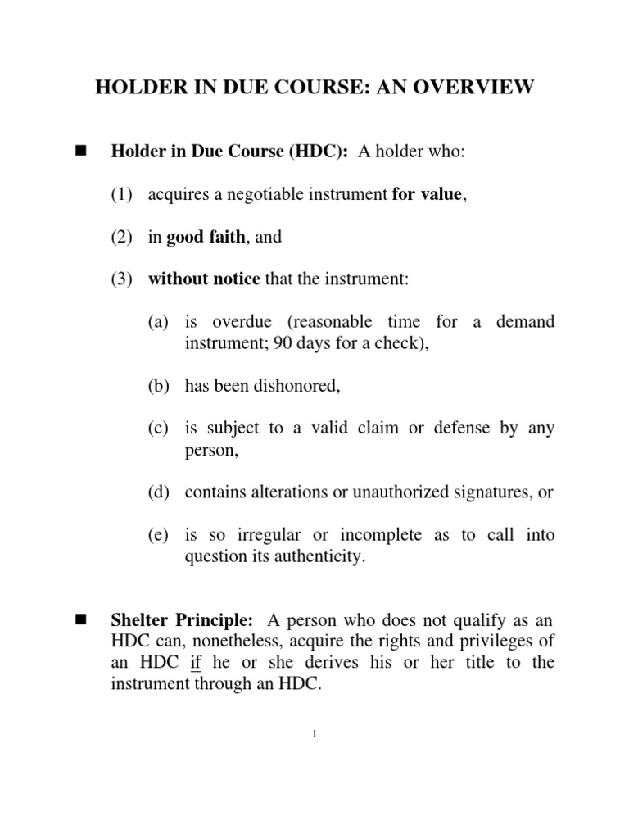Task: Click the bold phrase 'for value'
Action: [x=427, y=195]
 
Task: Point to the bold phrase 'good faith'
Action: [x=206, y=238]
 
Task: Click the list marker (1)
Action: [x=121, y=195]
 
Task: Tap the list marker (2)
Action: [x=121, y=238]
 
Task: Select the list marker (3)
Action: [x=121, y=280]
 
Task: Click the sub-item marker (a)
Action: [x=158, y=323]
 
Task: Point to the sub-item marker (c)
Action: [x=158, y=429]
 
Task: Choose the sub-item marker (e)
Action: [x=158, y=536]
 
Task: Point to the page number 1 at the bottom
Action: [x=314, y=733]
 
